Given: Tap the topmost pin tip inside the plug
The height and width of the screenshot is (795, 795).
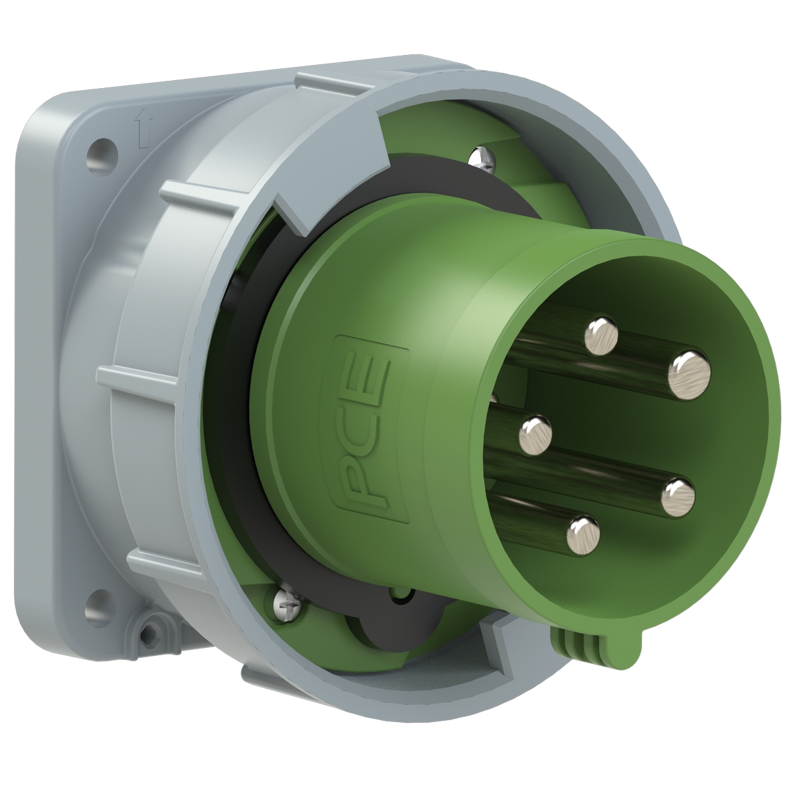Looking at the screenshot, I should tap(602, 336).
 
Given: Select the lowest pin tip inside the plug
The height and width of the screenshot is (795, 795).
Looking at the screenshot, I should tap(583, 533).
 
